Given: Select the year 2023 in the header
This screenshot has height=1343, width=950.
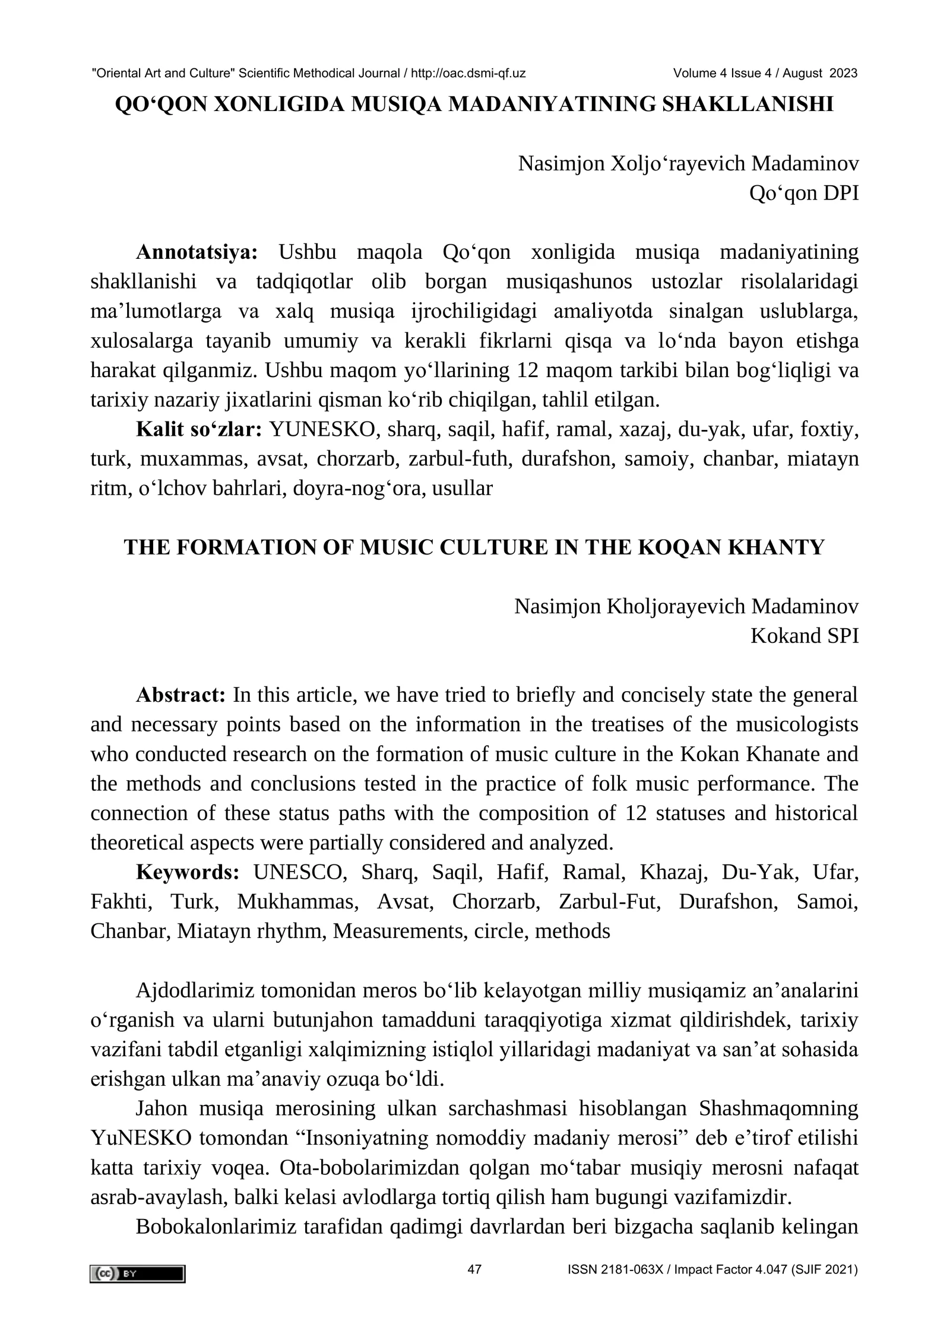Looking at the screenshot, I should click(x=844, y=74).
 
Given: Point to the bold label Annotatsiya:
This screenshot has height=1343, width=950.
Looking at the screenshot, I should click(x=197, y=252).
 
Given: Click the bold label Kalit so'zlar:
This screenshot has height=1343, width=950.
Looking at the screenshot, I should click(x=199, y=429).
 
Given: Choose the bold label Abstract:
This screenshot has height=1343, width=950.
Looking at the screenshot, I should click(x=180, y=695).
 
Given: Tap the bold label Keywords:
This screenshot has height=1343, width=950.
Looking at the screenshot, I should click(x=188, y=872).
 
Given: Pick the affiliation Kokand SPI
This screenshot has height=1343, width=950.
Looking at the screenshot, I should click(x=804, y=636).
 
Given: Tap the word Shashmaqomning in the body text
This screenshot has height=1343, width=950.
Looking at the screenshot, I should click(x=778, y=1108).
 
